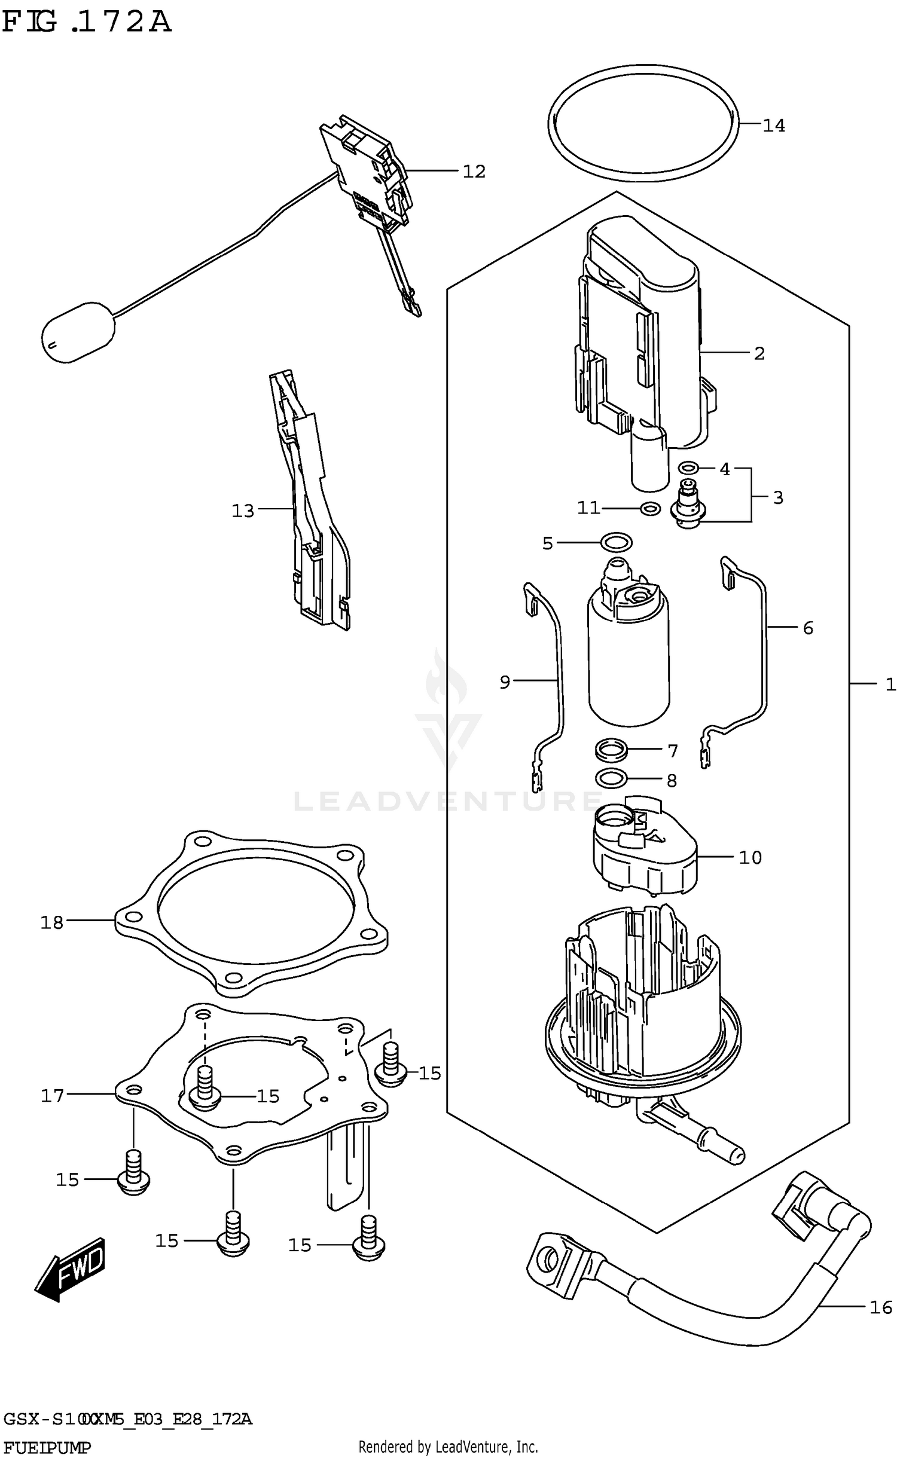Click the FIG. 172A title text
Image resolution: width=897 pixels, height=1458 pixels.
tap(87, 22)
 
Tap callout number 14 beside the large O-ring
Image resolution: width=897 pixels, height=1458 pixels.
tap(773, 126)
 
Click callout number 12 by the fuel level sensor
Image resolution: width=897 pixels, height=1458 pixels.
tap(474, 172)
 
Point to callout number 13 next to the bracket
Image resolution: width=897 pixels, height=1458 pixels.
tap(243, 511)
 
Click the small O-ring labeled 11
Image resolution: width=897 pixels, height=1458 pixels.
tap(649, 509)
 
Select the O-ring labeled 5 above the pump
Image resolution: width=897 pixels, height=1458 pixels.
tap(616, 543)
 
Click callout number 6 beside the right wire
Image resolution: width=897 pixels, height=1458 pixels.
tap(808, 628)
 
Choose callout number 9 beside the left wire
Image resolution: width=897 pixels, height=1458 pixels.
tap(505, 682)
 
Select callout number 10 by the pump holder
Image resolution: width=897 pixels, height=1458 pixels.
tap(750, 858)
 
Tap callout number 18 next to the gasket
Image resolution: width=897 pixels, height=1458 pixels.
tap(52, 923)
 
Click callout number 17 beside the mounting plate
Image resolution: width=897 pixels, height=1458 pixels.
tap(52, 1096)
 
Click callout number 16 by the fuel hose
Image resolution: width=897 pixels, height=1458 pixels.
tap(880, 1307)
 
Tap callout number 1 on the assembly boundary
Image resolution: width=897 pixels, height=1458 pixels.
tap(890, 684)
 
